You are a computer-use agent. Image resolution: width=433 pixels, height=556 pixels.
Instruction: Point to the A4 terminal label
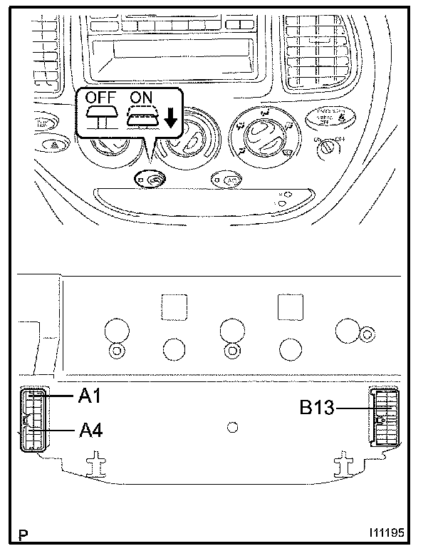click(90, 430)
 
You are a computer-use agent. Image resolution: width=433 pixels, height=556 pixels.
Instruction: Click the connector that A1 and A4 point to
click(33, 421)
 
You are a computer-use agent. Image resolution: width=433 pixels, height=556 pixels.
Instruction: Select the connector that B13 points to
click(385, 418)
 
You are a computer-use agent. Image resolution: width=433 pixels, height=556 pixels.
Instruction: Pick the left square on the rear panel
click(173, 307)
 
